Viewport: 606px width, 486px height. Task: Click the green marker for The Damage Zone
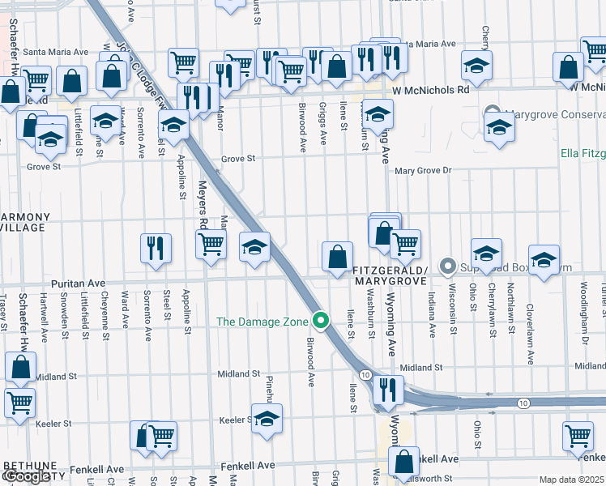pos(322,322)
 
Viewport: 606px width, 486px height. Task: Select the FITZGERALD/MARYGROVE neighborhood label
pos(389,275)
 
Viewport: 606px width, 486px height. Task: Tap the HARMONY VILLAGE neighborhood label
pos(24,223)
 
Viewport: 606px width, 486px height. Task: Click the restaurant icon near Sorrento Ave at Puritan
pos(155,249)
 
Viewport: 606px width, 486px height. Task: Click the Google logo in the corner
pos(26,477)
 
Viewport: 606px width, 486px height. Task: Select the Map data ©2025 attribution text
pos(571,480)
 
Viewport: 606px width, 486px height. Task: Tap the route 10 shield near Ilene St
pos(366,374)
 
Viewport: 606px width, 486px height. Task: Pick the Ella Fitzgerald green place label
pos(583,153)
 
